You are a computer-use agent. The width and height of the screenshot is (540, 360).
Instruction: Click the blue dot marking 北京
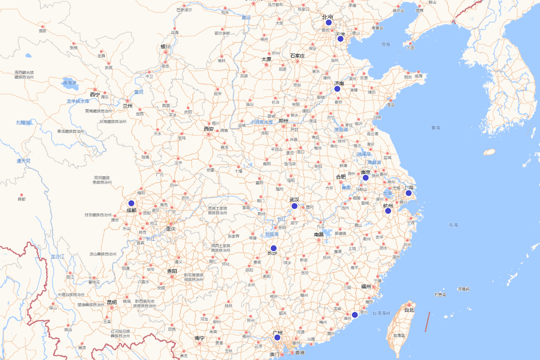click(x=328, y=22)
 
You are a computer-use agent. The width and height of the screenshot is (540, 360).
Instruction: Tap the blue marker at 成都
click(x=131, y=203)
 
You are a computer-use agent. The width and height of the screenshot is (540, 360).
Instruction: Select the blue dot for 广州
click(x=277, y=337)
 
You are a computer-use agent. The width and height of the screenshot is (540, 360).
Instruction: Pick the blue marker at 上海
click(x=409, y=193)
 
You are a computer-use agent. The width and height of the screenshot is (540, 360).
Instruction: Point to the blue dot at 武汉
click(x=294, y=206)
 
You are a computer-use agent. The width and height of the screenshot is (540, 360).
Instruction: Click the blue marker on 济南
click(x=337, y=89)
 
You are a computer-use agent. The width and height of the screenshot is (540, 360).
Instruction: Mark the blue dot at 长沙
click(x=274, y=248)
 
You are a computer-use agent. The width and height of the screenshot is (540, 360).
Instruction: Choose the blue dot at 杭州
click(x=388, y=211)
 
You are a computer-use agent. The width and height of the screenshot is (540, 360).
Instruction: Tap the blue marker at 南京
click(x=365, y=178)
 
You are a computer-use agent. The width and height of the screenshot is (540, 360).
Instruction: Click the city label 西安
click(x=208, y=129)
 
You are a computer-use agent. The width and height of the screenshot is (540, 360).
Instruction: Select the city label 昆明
click(x=112, y=302)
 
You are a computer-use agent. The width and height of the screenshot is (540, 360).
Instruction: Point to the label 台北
click(x=409, y=310)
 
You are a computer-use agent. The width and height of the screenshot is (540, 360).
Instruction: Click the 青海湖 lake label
click(x=69, y=83)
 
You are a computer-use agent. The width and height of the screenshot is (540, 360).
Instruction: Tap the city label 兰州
click(x=128, y=106)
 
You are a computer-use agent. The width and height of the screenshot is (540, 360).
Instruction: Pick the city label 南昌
click(x=319, y=234)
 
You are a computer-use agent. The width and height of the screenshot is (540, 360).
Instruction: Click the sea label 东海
click(x=453, y=225)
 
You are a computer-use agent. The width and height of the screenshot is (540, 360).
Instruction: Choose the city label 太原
click(x=266, y=59)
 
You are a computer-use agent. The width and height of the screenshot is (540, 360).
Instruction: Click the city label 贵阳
click(x=171, y=271)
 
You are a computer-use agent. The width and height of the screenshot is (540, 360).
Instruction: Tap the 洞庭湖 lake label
click(x=271, y=234)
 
